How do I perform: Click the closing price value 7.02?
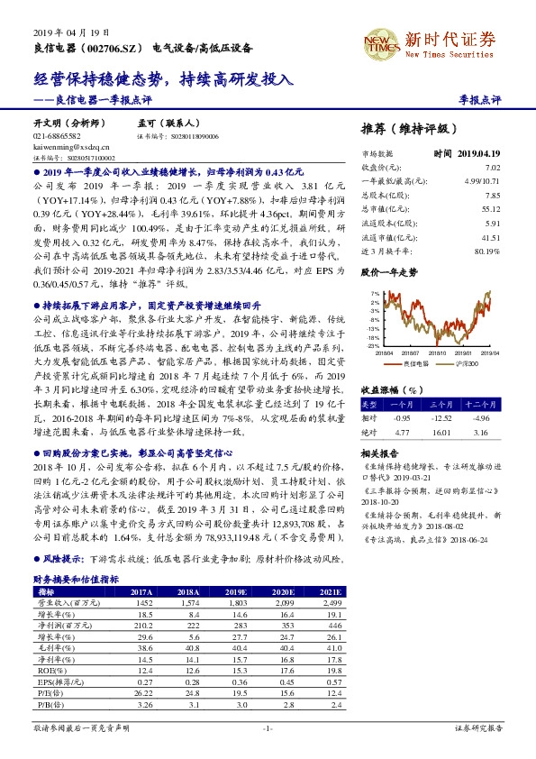[492, 168]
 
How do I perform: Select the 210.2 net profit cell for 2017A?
[143, 624]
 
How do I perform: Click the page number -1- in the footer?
[268, 727]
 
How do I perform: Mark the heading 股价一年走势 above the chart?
[388, 270]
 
